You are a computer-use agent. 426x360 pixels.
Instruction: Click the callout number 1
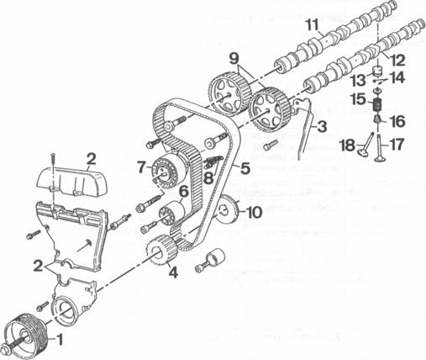point(60,340)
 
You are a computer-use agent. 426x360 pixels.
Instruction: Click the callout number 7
point(141,167)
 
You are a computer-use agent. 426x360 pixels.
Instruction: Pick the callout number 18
point(347,146)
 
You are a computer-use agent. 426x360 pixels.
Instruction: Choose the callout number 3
point(322,127)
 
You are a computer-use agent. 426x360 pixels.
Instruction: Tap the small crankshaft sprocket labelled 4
point(161,251)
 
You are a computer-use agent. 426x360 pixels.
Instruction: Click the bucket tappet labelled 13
point(377,71)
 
